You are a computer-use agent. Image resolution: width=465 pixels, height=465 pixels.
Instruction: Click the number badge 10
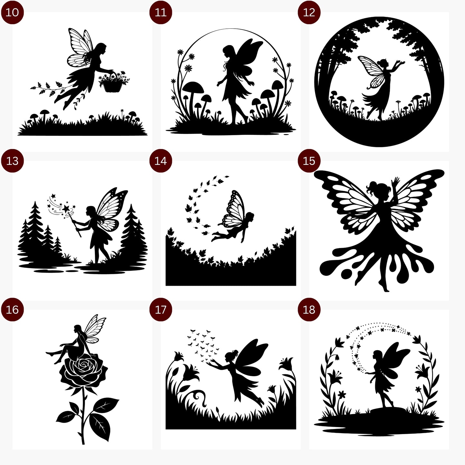(12, 13)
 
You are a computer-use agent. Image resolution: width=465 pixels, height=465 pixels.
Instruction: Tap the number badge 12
(309, 13)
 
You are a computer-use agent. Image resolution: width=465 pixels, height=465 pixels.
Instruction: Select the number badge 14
(161, 161)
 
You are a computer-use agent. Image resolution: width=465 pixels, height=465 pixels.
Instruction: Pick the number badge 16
(12, 310)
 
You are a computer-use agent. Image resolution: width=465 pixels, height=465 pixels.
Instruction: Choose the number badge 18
(309, 310)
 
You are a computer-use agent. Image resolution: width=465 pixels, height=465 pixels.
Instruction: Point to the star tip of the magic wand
(66, 209)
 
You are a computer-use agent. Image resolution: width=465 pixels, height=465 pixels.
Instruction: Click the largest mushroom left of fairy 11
(193, 88)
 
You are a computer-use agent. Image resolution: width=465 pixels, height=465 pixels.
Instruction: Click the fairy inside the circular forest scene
(380, 85)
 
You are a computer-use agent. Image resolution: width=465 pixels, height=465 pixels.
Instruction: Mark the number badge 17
(161, 310)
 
